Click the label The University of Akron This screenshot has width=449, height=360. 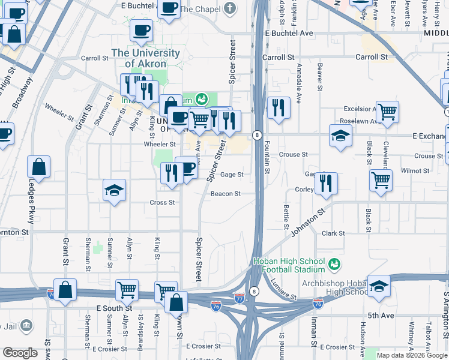tap(145, 58)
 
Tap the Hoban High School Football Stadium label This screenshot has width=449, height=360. tap(288, 265)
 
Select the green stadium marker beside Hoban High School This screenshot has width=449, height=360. tap(335, 263)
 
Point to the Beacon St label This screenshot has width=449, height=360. tap(225, 194)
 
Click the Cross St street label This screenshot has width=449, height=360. tap(162, 203)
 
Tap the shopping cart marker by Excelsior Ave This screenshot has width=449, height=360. tap(387, 110)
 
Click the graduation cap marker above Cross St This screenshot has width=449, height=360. tap(114, 190)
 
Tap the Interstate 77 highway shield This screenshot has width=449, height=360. tap(240, 298)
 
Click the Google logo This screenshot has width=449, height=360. tap(20, 353)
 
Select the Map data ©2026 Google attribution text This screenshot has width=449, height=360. tap(412, 355)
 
